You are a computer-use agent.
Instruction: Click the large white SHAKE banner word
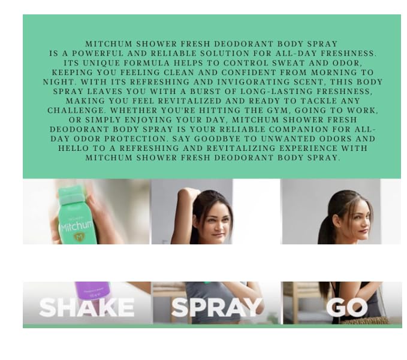click(x=86, y=308)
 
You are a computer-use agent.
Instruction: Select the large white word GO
click(x=346, y=307)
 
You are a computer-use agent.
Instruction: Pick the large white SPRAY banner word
click(x=216, y=307)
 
